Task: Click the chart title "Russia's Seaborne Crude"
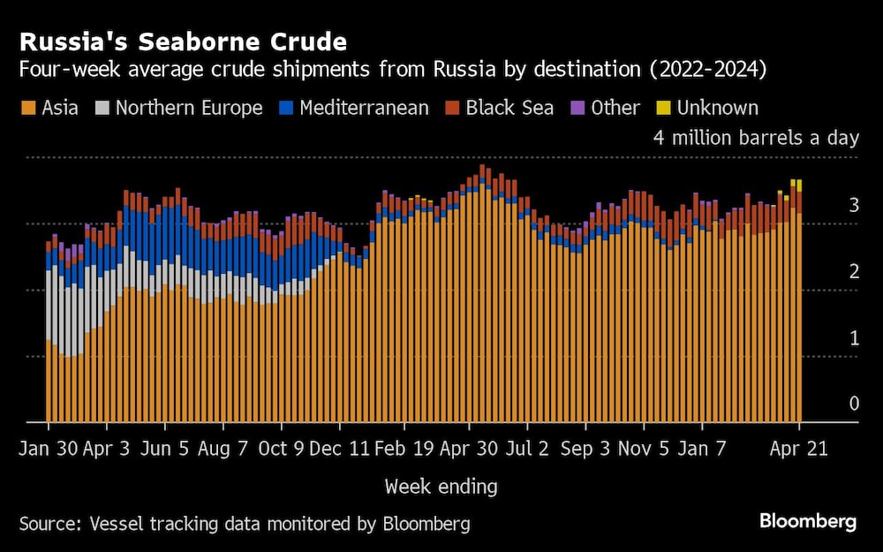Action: [x=183, y=42]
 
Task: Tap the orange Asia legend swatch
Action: [x=27, y=109]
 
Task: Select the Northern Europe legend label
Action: [x=189, y=108]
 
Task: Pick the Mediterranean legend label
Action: [x=364, y=108]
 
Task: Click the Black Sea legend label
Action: [x=509, y=108]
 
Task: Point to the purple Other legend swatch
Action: [x=578, y=109]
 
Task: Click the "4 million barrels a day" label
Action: [x=756, y=138]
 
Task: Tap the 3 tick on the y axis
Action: [x=853, y=206]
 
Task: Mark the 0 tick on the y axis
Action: [x=853, y=404]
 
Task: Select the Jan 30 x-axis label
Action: [x=49, y=449]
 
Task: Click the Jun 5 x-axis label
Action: [x=164, y=449]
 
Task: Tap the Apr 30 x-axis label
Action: [x=470, y=449]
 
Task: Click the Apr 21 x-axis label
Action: [x=799, y=449]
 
